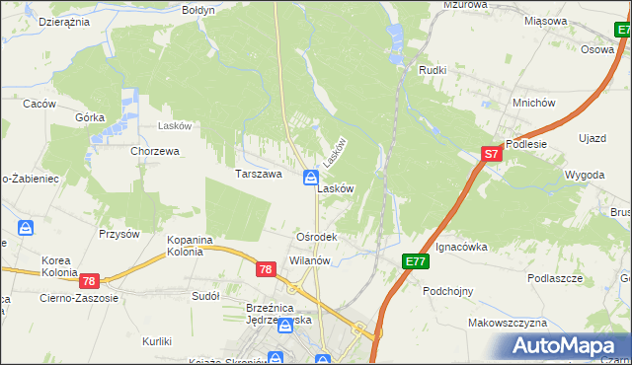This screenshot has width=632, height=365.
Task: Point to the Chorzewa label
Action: point(155,152)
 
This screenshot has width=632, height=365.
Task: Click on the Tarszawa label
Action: point(259,174)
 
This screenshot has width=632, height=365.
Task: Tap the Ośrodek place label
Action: point(317,238)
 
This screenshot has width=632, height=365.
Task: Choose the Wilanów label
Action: point(309,260)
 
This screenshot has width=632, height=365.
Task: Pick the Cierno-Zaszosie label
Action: point(79,297)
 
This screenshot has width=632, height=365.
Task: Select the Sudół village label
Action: point(205,295)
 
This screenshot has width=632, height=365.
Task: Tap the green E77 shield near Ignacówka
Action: point(415,260)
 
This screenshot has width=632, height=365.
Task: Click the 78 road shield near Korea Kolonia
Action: point(90,281)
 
